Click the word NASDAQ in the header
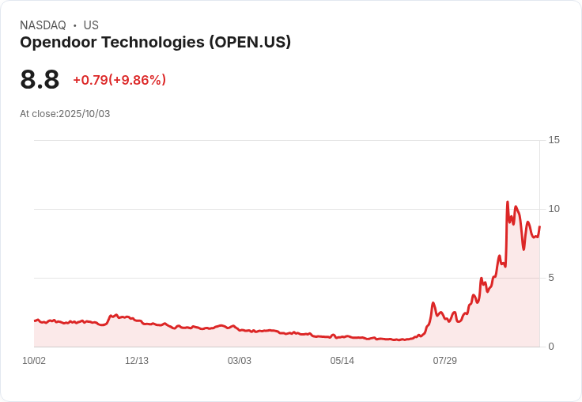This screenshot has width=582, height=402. [43, 25]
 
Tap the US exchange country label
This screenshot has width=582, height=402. [91, 25]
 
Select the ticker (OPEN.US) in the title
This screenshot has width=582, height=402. [250, 43]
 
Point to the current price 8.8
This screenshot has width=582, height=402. [40, 80]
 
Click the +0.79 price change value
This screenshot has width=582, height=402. [90, 80]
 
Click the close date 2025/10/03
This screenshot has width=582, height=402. [84, 114]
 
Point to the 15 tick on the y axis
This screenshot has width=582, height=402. [554, 140]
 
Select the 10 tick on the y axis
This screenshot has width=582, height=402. [554, 209]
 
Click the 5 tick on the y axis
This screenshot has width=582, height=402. [552, 278]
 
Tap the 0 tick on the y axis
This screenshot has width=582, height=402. [552, 347]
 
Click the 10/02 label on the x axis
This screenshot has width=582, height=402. [34, 361]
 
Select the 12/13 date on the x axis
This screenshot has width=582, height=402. [137, 361]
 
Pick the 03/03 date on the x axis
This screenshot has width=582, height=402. [240, 361]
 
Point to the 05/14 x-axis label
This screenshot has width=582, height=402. [342, 361]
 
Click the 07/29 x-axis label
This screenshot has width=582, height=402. [445, 361]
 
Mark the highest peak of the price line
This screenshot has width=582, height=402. [507, 203]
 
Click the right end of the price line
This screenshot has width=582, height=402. [539, 227]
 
